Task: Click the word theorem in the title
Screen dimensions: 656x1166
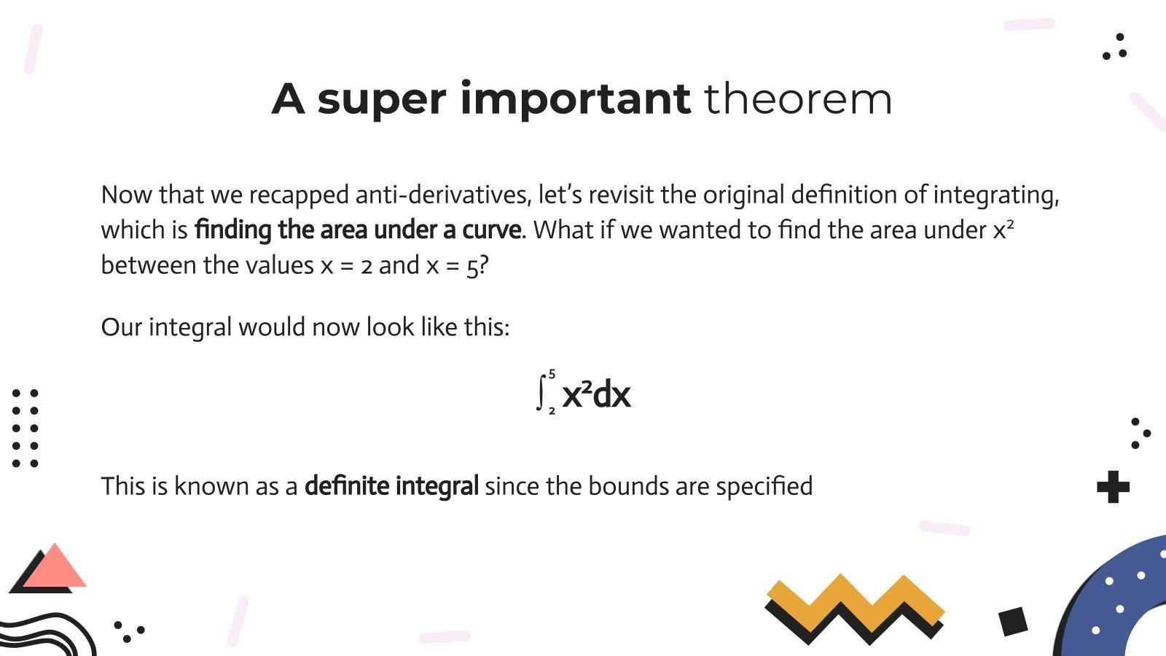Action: coord(797,99)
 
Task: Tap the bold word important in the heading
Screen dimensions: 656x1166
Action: coord(575,99)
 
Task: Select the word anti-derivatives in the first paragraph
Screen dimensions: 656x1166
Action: coord(442,195)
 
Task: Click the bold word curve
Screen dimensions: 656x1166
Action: coord(491,230)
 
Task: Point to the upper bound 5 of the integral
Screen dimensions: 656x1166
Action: coord(552,374)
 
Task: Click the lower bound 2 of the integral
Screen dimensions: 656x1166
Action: coord(552,412)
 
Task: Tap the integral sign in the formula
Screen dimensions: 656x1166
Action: coord(541,393)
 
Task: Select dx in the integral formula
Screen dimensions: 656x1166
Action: coord(612,394)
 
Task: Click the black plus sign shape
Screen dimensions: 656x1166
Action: coord(1113,487)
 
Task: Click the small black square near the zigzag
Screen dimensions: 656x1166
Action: coord(1013,622)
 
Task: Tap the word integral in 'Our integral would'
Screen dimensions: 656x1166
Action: coord(189,327)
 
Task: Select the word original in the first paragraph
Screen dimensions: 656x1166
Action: coord(743,195)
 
